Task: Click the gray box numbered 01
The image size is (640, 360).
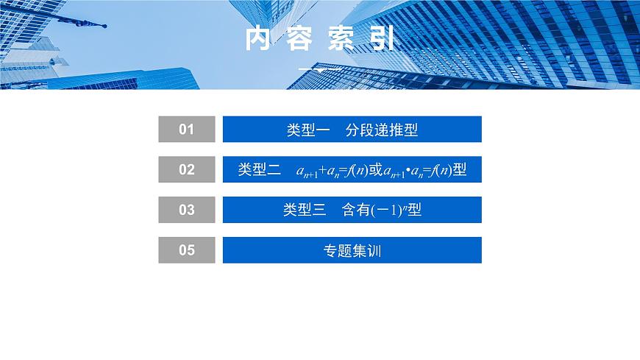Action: tap(187, 130)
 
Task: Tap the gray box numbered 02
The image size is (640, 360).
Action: tap(187, 169)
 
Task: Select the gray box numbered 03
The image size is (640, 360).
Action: tap(187, 210)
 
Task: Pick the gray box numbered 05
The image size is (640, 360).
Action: tap(187, 250)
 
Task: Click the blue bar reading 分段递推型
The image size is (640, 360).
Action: tap(352, 130)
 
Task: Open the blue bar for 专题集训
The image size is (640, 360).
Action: tap(352, 250)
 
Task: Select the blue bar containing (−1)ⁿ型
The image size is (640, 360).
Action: tap(352, 210)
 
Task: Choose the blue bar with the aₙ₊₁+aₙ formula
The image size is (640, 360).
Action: tap(352, 169)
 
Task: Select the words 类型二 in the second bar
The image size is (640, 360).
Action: tap(259, 170)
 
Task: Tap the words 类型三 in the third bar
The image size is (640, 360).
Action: tap(304, 210)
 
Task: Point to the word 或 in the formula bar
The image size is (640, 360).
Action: tap(375, 170)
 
